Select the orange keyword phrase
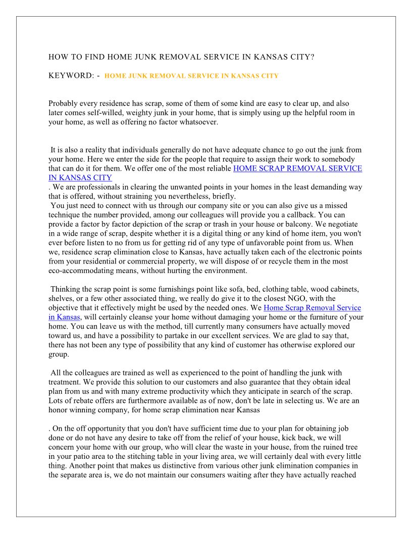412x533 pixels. [191, 76]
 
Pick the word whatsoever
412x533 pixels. [199, 122]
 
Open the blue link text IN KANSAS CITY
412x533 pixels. [80, 178]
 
